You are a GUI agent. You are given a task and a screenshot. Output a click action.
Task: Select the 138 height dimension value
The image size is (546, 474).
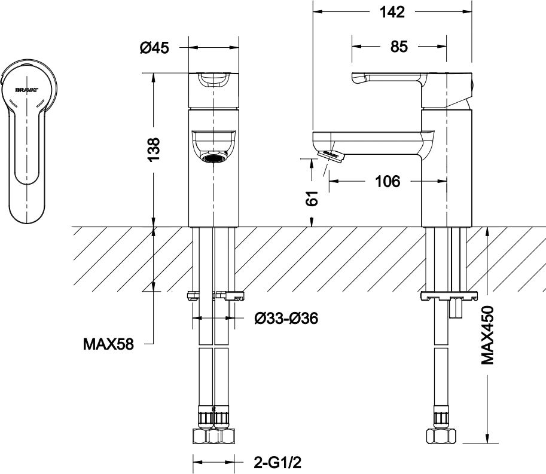[x=154, y=149]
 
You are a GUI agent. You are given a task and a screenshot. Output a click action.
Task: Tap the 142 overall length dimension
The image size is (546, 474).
[x=391, y=11]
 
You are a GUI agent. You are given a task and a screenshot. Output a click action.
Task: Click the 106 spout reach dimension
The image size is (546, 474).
[x=387, y=182]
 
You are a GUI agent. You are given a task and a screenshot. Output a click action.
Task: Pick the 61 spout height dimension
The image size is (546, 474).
[x=311, y=198]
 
